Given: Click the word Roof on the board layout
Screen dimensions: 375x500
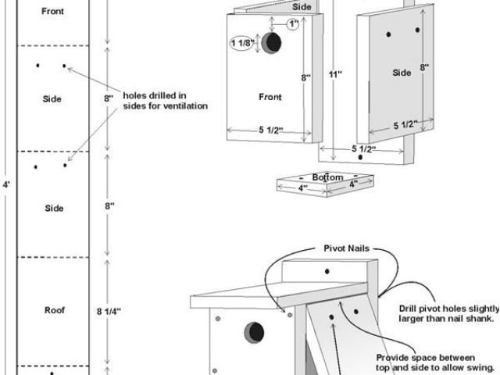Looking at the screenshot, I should [54, 310].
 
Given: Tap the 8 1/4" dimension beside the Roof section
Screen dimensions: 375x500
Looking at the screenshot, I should [109, 310].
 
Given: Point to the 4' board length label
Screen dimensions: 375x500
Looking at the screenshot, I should [6, 185].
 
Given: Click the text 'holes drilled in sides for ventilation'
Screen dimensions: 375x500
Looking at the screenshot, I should [165, 100].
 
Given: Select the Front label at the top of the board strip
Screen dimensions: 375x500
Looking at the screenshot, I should [54, 12].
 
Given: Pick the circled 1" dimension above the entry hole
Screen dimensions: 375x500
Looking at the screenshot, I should [293, 24].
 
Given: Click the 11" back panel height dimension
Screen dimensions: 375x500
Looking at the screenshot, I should [337, 75].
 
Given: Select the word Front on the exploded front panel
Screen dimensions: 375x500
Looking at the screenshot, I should [270, 98].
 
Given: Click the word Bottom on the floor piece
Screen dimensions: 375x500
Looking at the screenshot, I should [327, 177].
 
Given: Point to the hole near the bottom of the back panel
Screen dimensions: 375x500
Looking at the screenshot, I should [359, 157].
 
